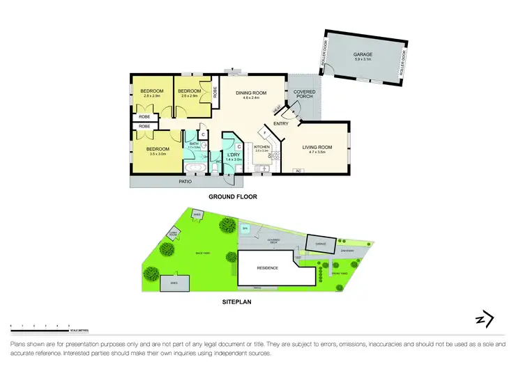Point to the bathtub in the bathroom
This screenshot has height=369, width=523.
click(x=195, y=168)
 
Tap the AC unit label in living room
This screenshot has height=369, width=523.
click(x=298, y=171)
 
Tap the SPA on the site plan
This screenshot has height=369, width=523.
click(x=245, y=228)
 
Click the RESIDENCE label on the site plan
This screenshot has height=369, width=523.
click(x=268, y=268)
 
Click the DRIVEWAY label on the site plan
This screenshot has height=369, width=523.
click(x=347, y=251)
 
